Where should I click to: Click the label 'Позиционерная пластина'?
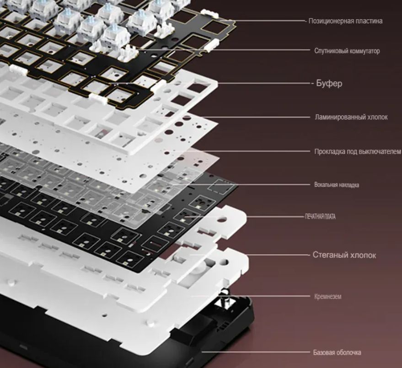tap(345, 21)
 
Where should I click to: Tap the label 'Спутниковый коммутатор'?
tap(347, 51)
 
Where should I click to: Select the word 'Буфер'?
tap(329, 83)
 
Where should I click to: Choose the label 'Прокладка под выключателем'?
tap(358, 151)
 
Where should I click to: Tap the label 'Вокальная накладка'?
tap(337, 185)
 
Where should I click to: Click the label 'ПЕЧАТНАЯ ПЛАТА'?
tap(320, 217)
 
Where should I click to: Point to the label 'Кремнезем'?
tap(327, 297)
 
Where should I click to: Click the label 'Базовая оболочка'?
tap(337, 352)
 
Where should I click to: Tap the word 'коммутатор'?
tap(364, 51)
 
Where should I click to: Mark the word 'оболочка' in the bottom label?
tap(348, 352)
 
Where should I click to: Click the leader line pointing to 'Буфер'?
tap(264, 83)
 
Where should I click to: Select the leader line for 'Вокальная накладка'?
tap(241, 184)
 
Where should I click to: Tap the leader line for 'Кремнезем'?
tap(251, 296)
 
